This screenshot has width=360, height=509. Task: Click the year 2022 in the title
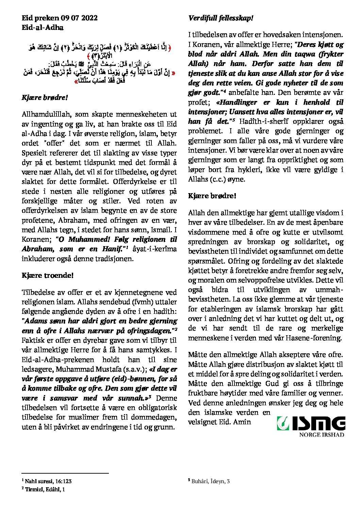pyautogui.click(x=89, y=18)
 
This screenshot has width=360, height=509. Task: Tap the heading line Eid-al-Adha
pyautogui.click(x=43, y=28)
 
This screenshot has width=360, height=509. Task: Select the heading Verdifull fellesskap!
pyautogui.click(x=220, y=18)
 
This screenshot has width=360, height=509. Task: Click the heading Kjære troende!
pyautogui.click(x=47, y=275)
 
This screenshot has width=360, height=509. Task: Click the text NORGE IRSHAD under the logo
pyautogui.click(x=322, y=435)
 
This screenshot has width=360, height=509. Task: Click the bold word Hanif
pyautogui.click(x=112, y=249)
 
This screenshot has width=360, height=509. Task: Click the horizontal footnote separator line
pyautogui.click(x=65, y=473)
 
